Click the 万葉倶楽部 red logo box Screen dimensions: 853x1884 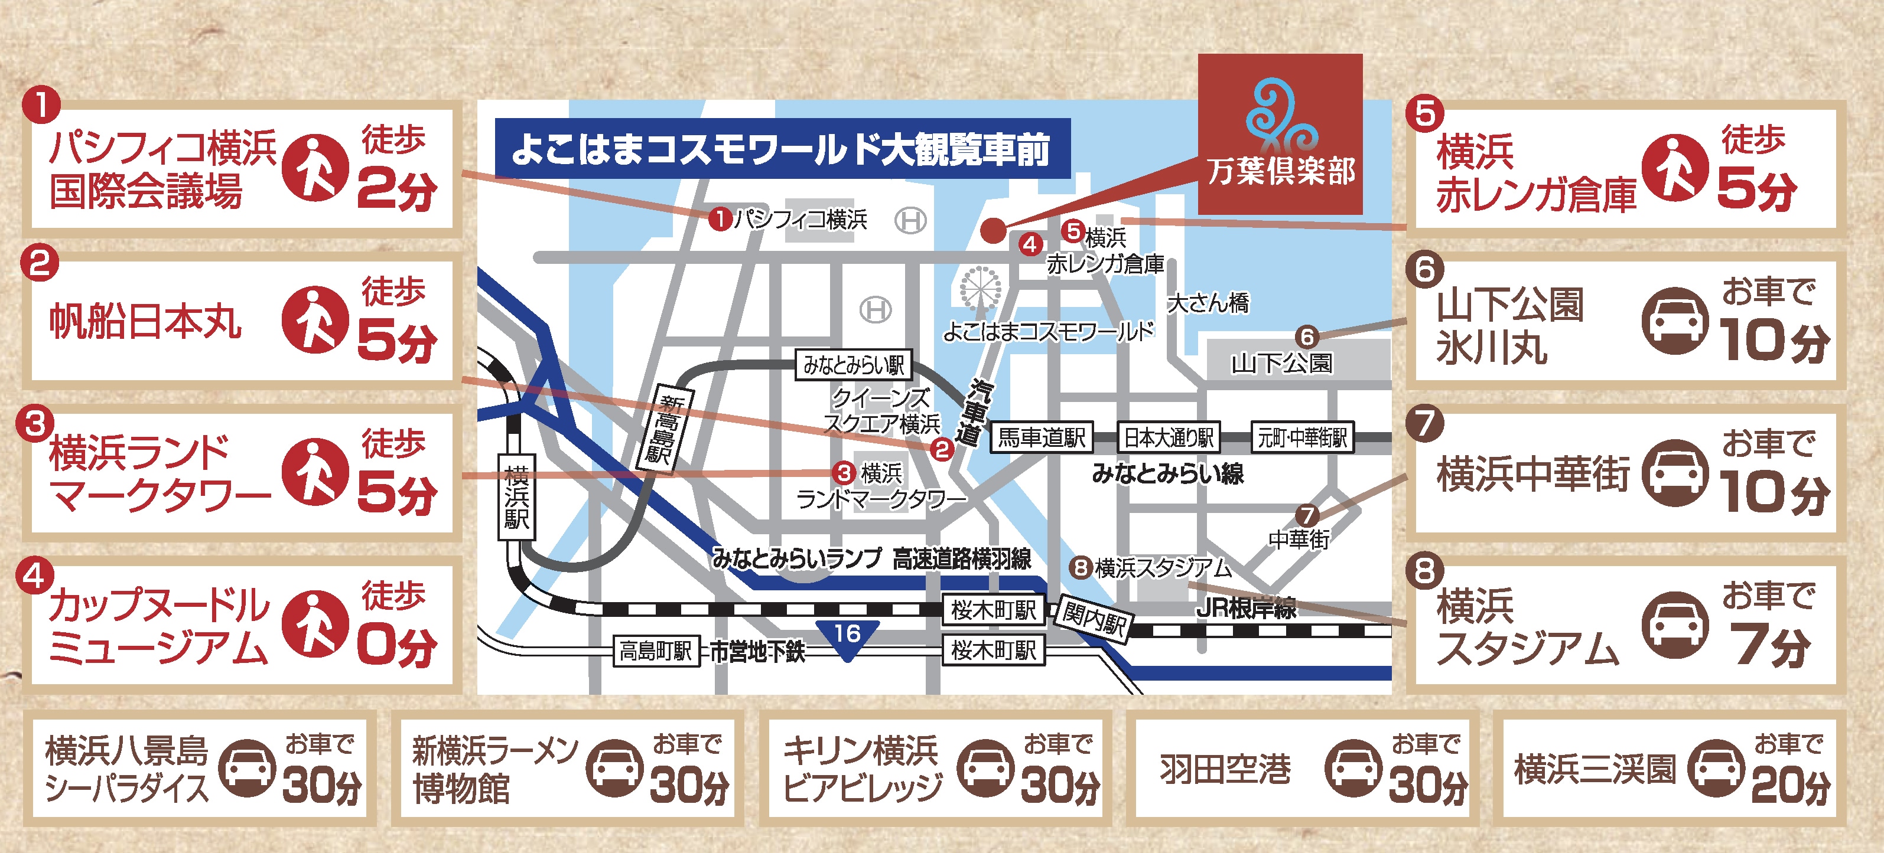(1280, 134)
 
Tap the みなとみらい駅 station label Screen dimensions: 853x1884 (854, 365)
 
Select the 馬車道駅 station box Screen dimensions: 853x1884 (1042, 438)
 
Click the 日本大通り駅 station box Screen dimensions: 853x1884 (1169, 438)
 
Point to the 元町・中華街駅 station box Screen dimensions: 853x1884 (1303, 438)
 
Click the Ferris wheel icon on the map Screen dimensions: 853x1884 (980, 289)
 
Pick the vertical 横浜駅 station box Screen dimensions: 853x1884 (516, 497)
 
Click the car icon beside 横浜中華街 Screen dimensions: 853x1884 (1675, 473)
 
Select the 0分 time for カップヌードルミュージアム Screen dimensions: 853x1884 (396, 646)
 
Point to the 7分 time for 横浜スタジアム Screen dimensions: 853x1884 (1770, 645)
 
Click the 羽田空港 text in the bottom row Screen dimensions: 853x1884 (1225, 769)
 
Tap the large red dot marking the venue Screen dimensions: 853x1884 (993, 230)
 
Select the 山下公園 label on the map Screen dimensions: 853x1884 (1281, 363)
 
